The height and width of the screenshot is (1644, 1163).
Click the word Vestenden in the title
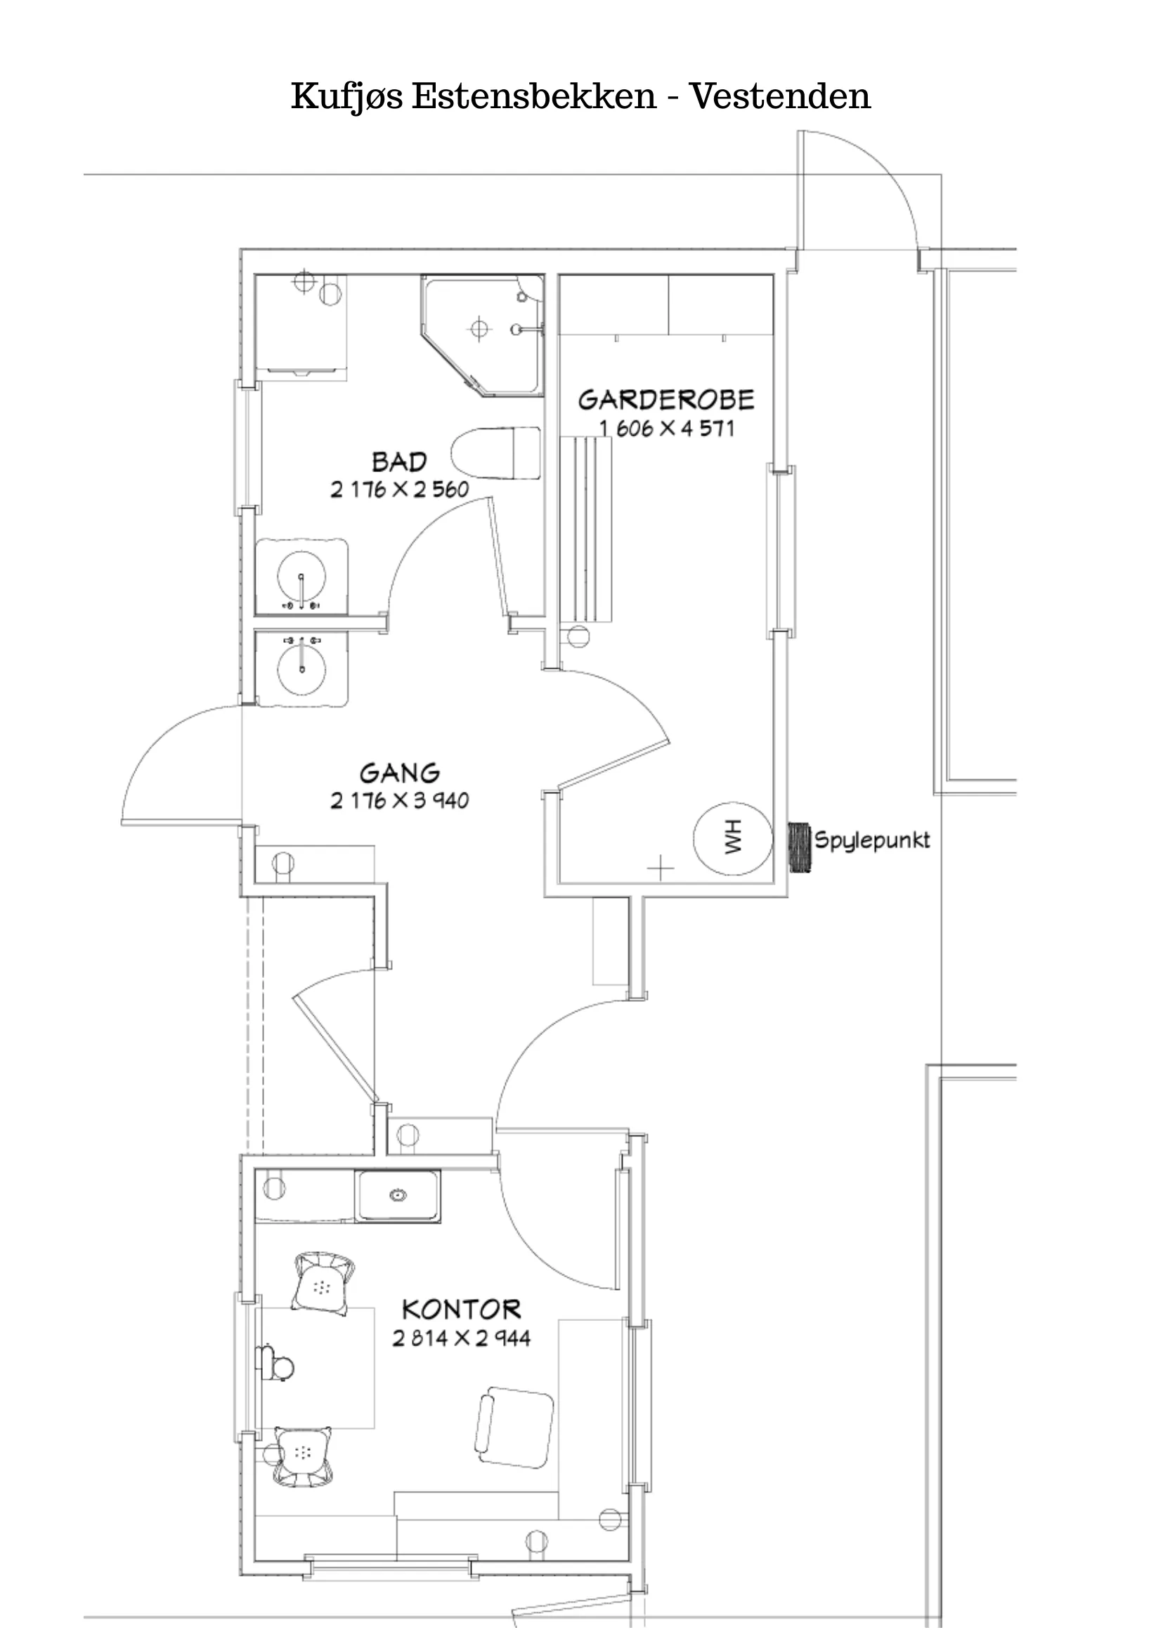pyautogui.click(x=780, y=96)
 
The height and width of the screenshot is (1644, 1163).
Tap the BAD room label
pyautogui.click(x=399, y=462)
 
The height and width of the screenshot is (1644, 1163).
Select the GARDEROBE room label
pyautogui.click(x=666, y=400)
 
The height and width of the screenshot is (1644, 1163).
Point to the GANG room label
pyautogui.click(x=400, y=774)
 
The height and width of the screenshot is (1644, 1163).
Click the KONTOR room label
pyautogui.click(x=461, y=1310)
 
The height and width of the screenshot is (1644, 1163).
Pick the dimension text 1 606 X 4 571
pyautogui.click(x=667, y=429)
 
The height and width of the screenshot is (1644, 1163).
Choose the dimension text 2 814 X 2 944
pyautogui.click(x=461, y=1338)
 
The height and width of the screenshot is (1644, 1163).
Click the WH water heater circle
pyautogui.click(x=733, y=838)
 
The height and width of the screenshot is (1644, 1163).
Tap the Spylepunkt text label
pyautogui.click(x=872, y=840)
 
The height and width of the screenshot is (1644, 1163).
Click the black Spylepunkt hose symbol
pyautogui.click(x=800, y=848)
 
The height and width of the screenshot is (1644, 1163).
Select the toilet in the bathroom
pyautogui.click(x=495, y=453)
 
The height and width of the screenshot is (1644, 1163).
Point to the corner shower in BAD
pyautogui.click(x=483, y=335)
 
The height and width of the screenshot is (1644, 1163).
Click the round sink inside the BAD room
pyautogui.click(x=301, y=576)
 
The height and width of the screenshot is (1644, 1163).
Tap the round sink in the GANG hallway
pyautogui.click(x=301, y=668)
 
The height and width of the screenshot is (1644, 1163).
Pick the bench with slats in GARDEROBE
pyautogui.click(x=586, y=529)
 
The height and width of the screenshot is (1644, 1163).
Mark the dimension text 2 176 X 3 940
pyautogui.click(x=400, y=800)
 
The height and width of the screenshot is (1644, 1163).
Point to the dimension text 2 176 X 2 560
pyautogui.click(x=400, y=490)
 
